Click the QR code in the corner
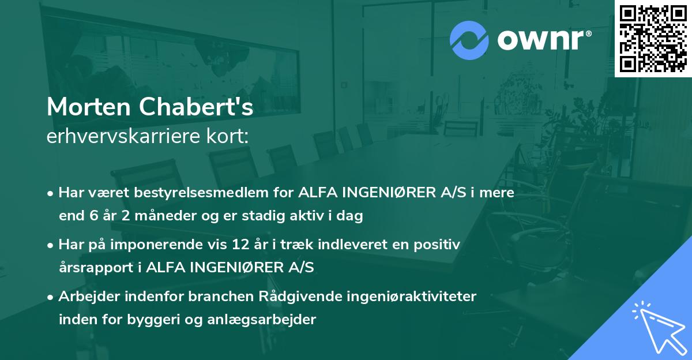653,39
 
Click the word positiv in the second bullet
440,245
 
